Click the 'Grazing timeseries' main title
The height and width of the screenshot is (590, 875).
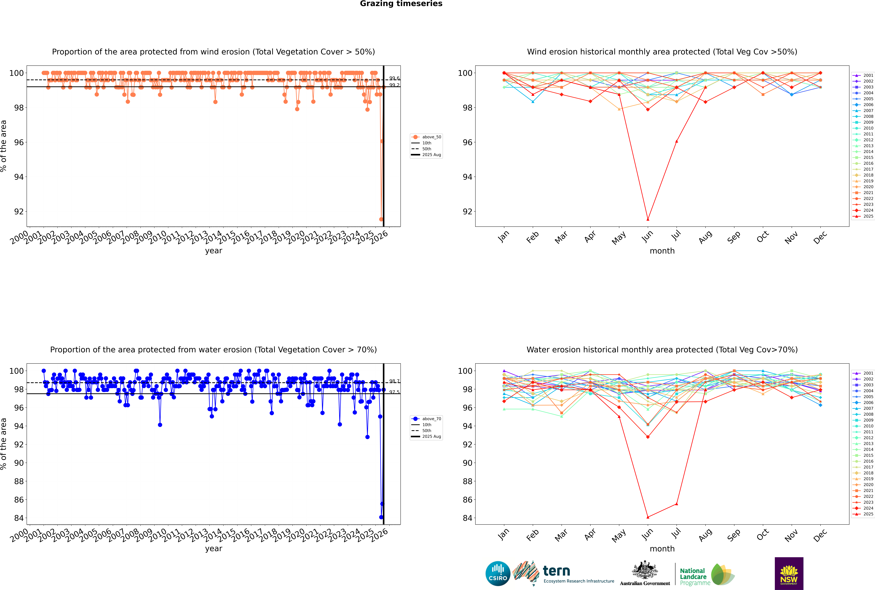click(x=401, y=4)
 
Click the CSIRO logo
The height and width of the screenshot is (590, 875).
click(x=498, y=573)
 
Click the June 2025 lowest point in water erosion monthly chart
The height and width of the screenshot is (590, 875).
click(x=648, y=517)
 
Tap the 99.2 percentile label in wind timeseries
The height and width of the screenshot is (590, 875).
click(x=394, y=85)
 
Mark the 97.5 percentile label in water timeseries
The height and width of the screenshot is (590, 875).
click(x=394, y=392)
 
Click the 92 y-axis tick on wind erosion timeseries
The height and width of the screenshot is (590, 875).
click(x=19, y=211)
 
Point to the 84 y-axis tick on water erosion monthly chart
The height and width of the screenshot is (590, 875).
click(x=467, y=518)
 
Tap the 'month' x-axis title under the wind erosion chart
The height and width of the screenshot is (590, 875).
click(x=662, y=251)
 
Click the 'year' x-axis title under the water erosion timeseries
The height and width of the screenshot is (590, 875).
click(x=214, y=549)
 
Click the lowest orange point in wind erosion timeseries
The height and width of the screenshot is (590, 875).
click(x=381, y=219)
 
